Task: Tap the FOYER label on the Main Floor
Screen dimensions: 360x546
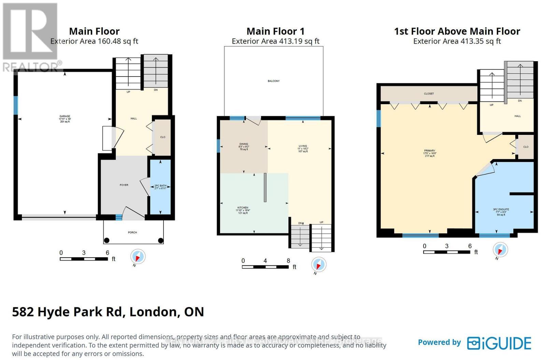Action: click(124, 185)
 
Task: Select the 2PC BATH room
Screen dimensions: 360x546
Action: click(160, 187)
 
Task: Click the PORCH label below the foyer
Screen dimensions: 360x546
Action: click(132, 232)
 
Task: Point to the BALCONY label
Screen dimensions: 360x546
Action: click(274, 81)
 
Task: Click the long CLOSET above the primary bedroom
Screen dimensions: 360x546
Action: click(429, 93)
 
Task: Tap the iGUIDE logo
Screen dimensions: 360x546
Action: click(499, 343)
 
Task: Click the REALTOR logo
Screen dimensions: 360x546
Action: click(30, 38)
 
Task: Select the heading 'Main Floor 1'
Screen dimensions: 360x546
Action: click(275, 31)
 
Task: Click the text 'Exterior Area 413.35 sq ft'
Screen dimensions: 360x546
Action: click(457, 41)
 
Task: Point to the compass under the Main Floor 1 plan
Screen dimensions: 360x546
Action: click(319, 265)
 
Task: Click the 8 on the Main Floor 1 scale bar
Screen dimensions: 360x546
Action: click(288, 261)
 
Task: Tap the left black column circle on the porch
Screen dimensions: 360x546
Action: click(106, 240)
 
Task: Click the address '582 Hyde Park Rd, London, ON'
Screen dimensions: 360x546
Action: click(108, 311)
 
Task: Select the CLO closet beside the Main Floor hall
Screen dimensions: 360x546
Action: click(163, 137)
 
